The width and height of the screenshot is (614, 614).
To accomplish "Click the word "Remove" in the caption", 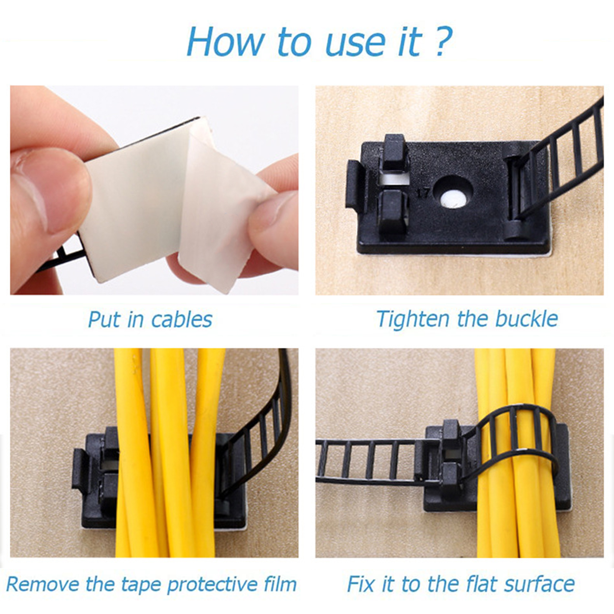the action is point(42,584).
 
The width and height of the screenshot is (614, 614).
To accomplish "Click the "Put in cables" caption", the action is point(150,319).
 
